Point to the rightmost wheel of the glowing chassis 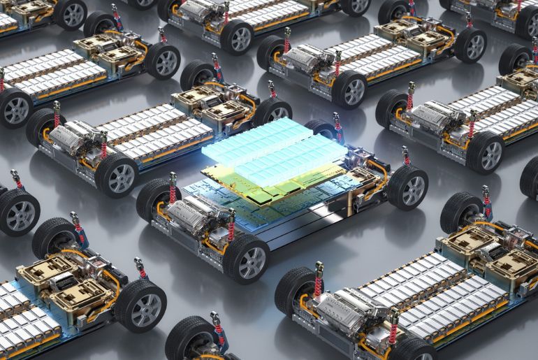point(407,187)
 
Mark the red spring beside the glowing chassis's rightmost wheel point(405,157)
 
